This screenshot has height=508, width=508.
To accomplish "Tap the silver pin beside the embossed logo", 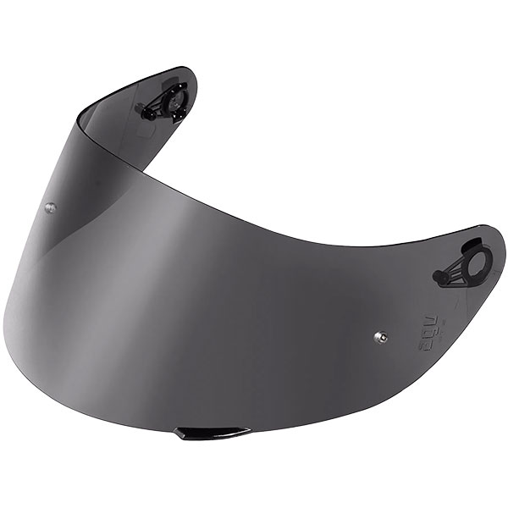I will click(381, 336).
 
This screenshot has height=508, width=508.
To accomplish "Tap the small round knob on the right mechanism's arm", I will click(440, 278).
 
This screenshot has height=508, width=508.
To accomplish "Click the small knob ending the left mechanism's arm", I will click(148, 113).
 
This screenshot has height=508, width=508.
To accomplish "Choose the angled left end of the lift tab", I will click(179, 433).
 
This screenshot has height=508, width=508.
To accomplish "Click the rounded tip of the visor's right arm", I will click(499, 246).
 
